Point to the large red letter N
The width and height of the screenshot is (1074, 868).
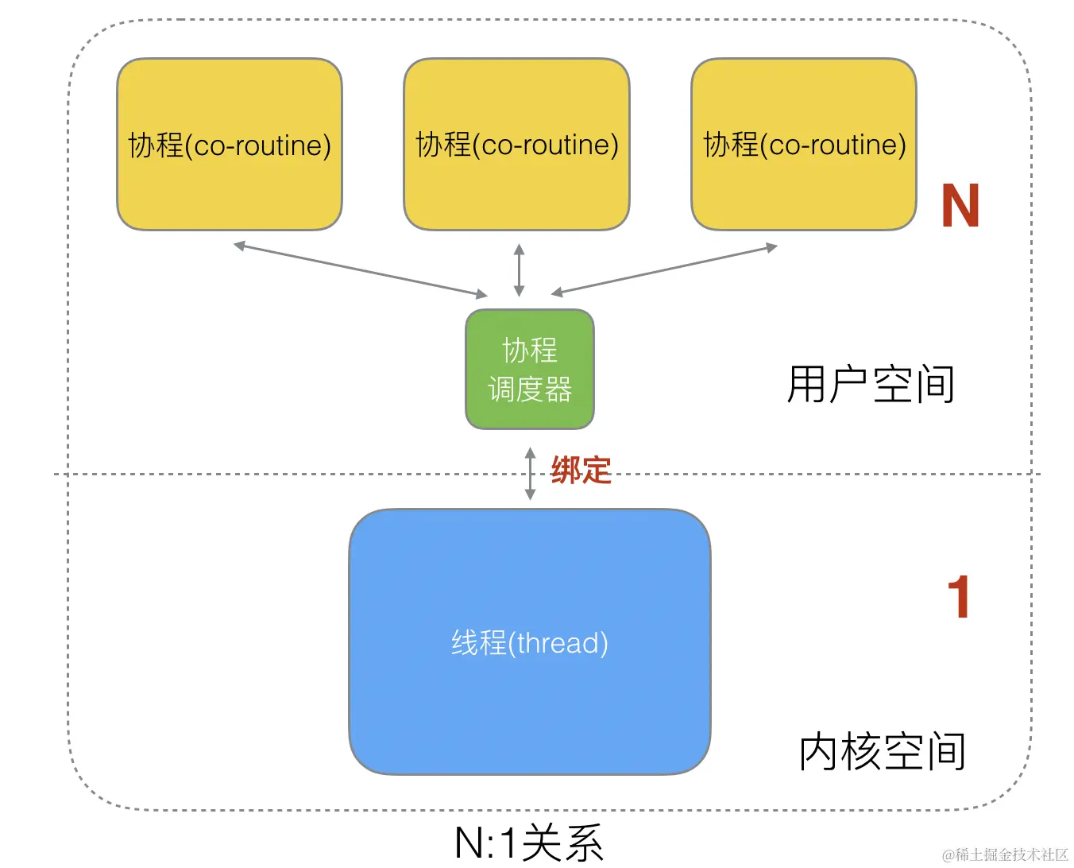[960, 207]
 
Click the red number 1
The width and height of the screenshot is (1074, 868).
[959, 598]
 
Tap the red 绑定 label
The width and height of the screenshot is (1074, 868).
[581, 471]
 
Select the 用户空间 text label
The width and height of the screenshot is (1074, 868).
[871, 385]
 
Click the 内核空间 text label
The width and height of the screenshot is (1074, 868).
[882, 752]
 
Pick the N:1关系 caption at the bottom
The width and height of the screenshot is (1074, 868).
[529, 843]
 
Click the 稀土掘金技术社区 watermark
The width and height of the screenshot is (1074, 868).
[1005, 854]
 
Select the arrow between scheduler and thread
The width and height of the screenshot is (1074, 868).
[530, 474]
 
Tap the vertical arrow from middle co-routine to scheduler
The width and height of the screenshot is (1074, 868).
[519, 270]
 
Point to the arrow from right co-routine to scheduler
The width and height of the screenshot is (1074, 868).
[664, 270]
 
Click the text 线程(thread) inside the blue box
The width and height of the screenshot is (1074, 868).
[530, 642]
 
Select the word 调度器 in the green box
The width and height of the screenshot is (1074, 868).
[530, 389]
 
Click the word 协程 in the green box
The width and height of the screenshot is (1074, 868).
[530, 350]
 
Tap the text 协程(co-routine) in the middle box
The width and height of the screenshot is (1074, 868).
[516, 145]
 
